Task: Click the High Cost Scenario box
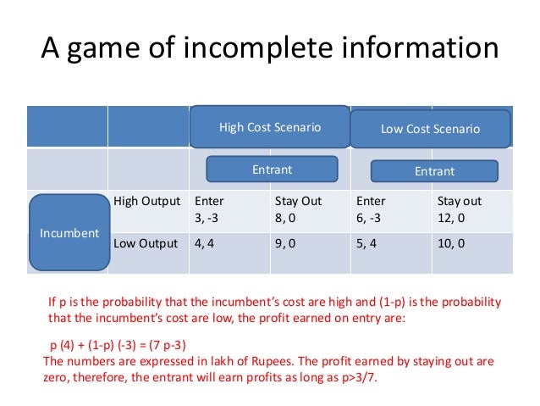(x=270, y=127)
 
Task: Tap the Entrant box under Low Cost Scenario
(x=434, y=171)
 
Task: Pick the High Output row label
(x=146, y=202)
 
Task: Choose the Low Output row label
(x=146, y=246)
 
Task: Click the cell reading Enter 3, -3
(x=229, y=209)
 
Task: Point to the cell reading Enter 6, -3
(x=391, y=209)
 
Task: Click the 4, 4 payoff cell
(x=229, y=246)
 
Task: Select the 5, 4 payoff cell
(x=391, y=246)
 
